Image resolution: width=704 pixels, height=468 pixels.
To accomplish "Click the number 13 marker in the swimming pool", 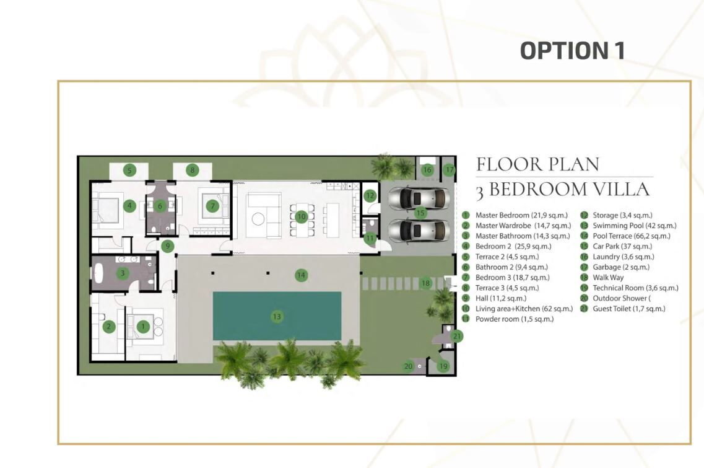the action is (x=277, y=317).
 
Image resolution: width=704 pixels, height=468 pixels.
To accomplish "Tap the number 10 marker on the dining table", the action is (x=302, y=217).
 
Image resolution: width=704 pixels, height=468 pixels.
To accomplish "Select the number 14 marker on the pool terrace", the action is (x=302, y=275).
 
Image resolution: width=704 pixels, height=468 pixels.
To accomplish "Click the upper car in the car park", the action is (x=419, y=198).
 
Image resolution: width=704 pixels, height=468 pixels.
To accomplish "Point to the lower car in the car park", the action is (x=419, y=231).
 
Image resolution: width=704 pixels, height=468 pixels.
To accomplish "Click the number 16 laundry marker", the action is (x=427, y=169).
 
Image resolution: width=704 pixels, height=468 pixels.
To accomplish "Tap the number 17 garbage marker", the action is (x=449, y=170).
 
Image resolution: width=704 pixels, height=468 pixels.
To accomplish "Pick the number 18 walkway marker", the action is (x=425, y=283).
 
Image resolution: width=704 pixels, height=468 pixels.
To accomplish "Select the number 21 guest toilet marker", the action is (x=456, y=336).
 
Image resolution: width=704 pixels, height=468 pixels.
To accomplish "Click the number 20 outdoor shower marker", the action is (x=408, y=366).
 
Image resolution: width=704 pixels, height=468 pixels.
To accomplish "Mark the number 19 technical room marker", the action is (x=443, y=366).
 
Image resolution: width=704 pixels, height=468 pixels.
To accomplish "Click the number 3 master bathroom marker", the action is (x=122, y=273).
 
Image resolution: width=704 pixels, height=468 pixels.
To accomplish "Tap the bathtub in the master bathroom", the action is (x=99, y=273).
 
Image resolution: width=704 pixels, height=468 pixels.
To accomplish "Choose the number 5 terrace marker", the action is (x=129, y=170).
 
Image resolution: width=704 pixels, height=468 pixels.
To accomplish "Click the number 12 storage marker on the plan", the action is (x=370, y=195).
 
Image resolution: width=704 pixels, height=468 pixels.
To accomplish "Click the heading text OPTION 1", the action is (x=573, y=50).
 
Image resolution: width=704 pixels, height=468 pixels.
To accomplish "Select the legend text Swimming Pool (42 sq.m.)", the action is (x=635, y=226).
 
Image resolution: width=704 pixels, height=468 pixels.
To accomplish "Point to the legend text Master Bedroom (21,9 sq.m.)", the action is (x=522, y=215).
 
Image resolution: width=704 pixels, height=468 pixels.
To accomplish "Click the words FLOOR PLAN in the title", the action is (x=537, y=164).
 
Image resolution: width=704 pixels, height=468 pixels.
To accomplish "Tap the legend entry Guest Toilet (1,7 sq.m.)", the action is (x=629, y=309).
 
